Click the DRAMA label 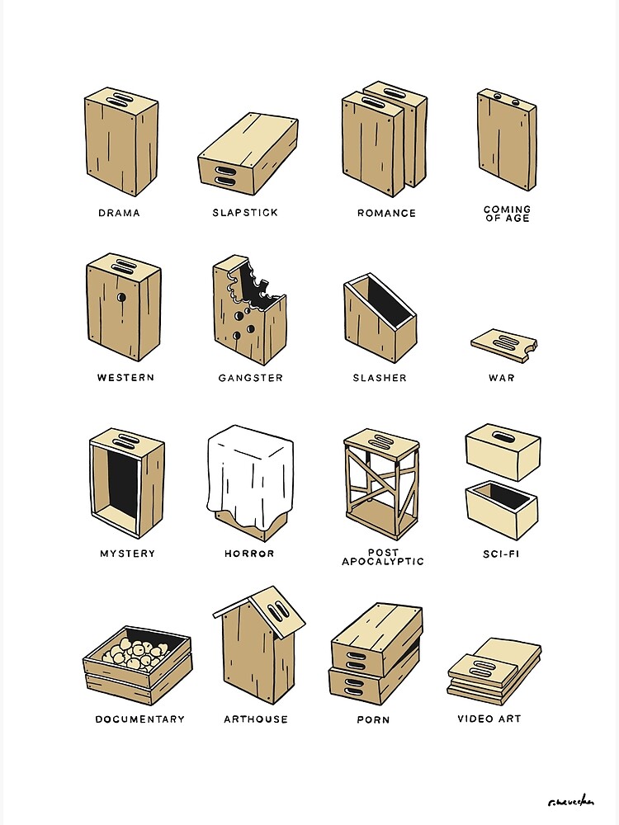[119, 213]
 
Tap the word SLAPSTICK [245, 213]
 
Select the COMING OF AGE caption [507, 214]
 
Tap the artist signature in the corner [570, 801]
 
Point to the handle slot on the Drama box [121, 101]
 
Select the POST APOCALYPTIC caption [382, 557]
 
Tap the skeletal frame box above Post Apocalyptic [380, 483]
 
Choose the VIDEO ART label [489, 719]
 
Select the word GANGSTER [250, 378]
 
